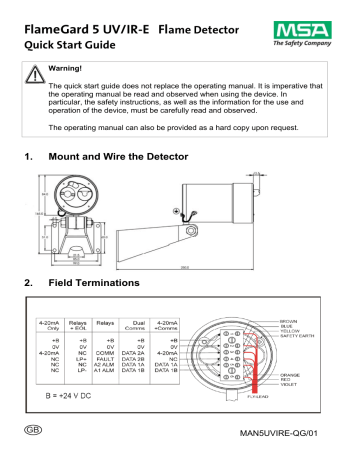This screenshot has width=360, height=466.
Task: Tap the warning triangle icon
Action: pos(37,72)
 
